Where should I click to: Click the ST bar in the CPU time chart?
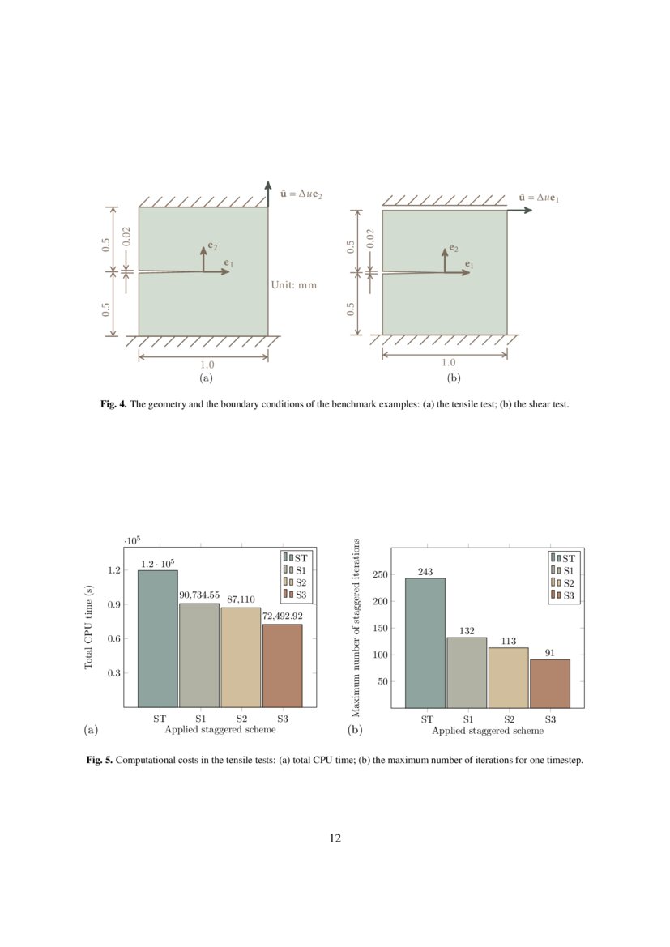pos(157,638)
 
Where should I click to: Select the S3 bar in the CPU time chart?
pos(282,665)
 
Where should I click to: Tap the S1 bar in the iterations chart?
pos(467,672)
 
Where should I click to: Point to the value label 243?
pos(425,571)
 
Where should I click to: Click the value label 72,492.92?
pos(283,616)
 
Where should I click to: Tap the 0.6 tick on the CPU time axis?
pos(113,639)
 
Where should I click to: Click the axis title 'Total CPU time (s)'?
pos(89,627)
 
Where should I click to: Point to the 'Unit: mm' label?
pos(292,285)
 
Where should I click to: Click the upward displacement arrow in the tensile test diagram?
pos(267,194)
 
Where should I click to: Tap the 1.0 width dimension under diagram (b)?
pos(445,364)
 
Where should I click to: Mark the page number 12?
pos(335,838)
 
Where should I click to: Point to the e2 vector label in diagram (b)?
pos(454,248)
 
